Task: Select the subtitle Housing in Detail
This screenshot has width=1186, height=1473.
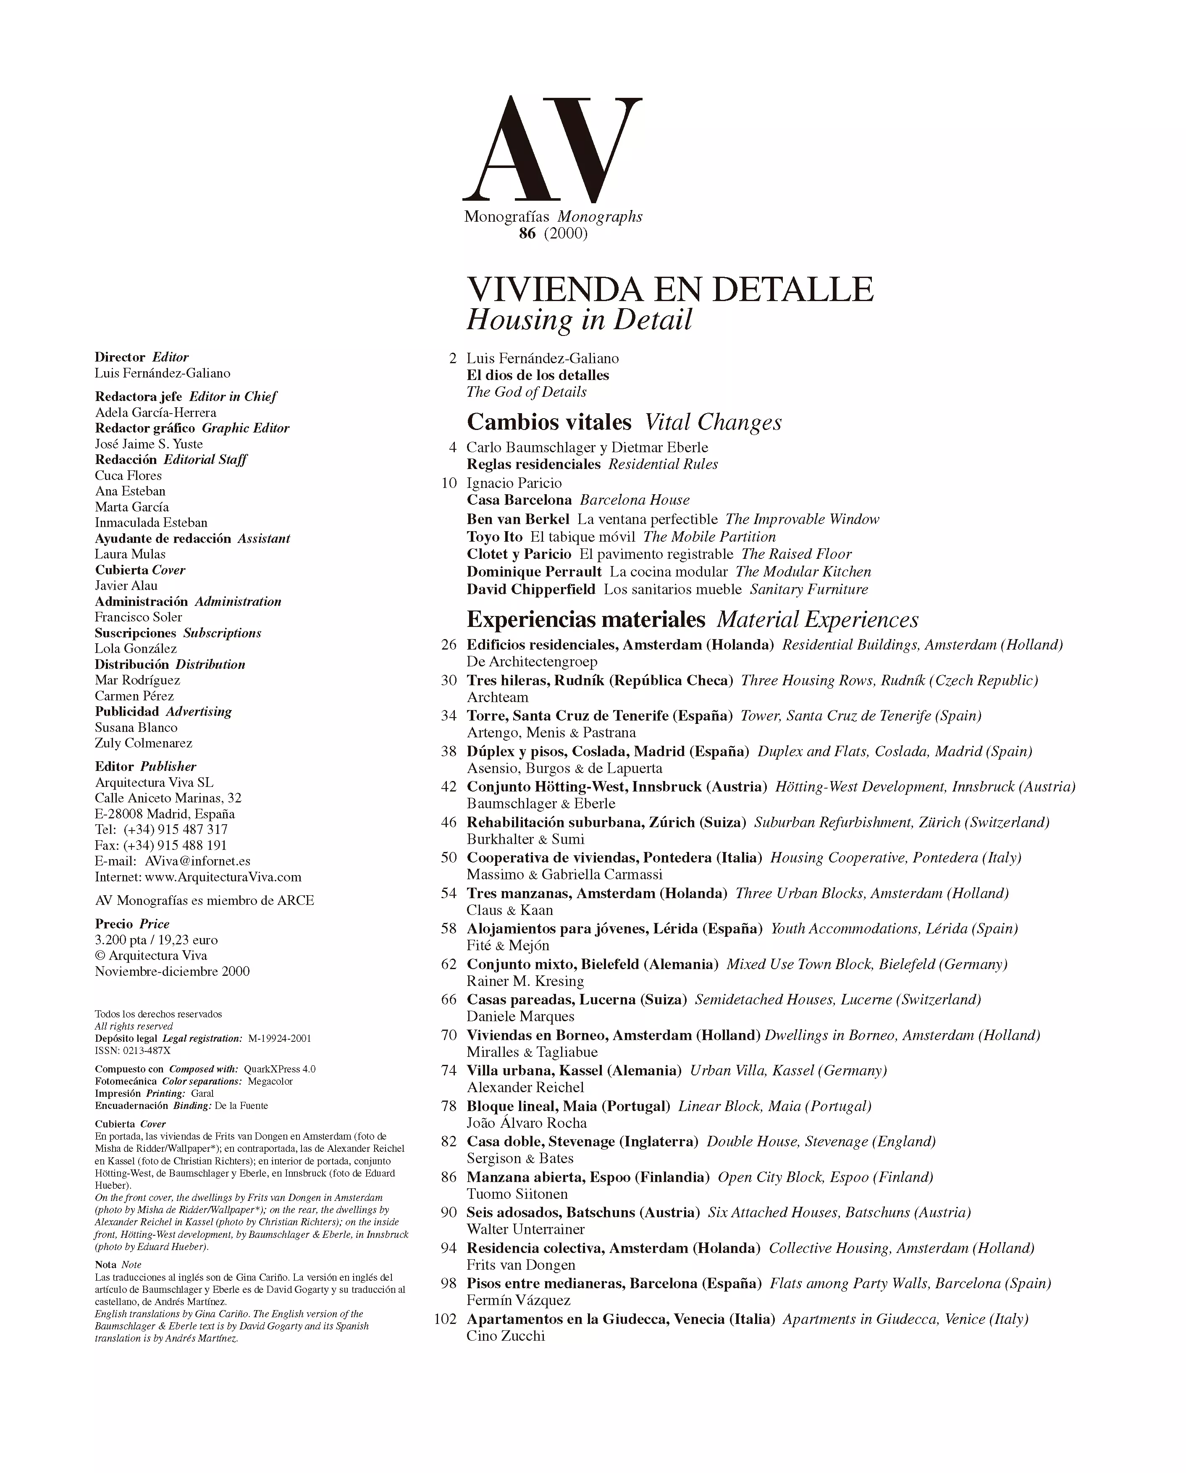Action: (579, 320)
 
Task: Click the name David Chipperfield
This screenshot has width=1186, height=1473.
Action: (531, 589)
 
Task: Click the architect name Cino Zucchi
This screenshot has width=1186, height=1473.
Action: (506, 1336)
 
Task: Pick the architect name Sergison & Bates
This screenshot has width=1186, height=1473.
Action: (520, 1158)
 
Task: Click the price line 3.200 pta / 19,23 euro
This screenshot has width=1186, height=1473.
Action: (157, 940)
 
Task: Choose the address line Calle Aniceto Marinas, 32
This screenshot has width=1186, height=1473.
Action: (168, 798)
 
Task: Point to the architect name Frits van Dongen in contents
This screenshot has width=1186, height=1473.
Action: (521, 1265)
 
